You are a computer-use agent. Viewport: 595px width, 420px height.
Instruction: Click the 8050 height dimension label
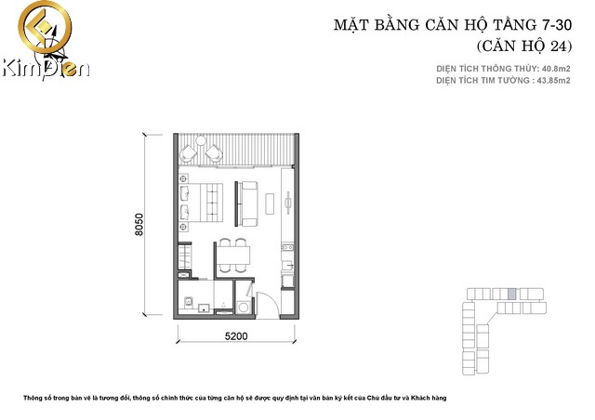point(139,225)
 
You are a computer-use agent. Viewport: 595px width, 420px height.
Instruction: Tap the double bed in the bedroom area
point(202,203)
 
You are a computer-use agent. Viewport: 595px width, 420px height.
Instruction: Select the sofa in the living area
point(247,202)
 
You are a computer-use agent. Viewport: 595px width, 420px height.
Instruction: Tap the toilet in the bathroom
point(189,303)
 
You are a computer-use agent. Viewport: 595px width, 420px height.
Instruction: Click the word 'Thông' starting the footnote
point(35,398)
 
